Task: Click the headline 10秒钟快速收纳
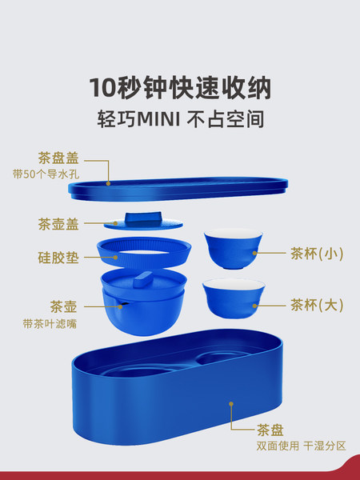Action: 180,88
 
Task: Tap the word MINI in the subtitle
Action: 158,119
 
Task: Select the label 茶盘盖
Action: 58,158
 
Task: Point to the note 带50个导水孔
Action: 46,174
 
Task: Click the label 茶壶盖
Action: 58,224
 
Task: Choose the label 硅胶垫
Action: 58,258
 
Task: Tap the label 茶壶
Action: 63,306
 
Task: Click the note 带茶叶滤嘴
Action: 50,323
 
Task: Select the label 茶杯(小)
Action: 317,254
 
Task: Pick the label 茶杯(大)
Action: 317,306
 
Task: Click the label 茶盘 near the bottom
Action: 270,430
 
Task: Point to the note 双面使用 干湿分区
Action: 302,446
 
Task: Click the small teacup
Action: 234,249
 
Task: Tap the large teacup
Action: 234,298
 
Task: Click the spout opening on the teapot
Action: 123,305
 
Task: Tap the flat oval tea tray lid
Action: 178,189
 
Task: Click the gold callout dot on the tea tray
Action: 231,404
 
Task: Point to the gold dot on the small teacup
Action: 254,253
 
